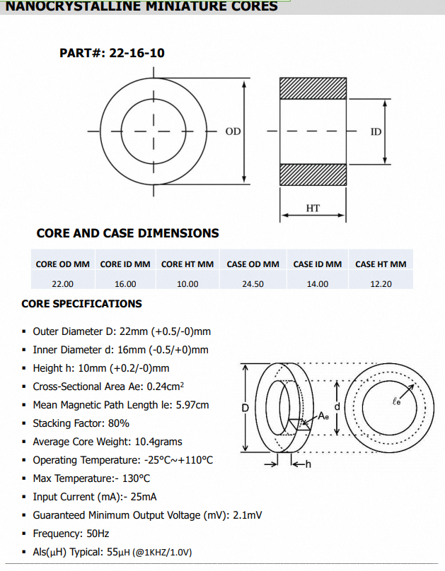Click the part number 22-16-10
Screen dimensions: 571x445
click(x=137, y=53)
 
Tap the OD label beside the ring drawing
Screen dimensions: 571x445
click(x=233, y=131)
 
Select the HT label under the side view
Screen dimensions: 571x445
click(x=313, y=208)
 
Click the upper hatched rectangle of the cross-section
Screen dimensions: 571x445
click(x=313, y=88)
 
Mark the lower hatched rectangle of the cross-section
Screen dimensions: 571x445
click(x=313, y=175)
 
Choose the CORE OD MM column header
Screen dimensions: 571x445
click(x=63, y=264)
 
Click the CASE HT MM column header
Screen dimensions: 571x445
click(x=381, y=264)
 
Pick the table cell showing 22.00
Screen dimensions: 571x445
click(x=63, y=283)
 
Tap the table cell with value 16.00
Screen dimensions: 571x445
click(x=125, y=283)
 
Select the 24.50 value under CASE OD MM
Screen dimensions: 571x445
click(x=253, y=283)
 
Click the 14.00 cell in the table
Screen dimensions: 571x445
click(x=317, y=283)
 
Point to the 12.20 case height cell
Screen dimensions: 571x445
click(x=381, y=283)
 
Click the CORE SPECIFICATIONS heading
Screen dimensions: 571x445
click(x=81, y=304)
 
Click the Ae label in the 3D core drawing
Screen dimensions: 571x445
click(x=323, y=416)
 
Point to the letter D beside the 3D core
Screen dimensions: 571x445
click(x=245, y=408)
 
